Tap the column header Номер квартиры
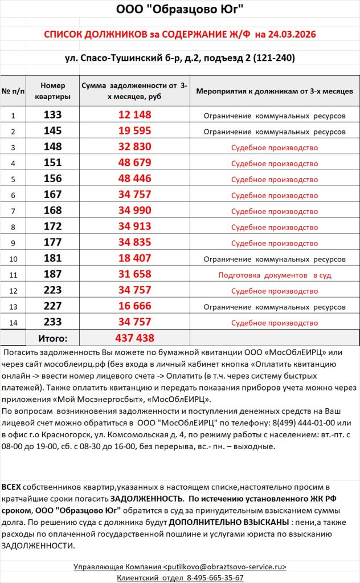(x=52, y=91)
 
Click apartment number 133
(x=52, y=115)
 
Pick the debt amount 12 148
(x=135, y=115)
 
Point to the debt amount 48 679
(x=135, y=163)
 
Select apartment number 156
(x=52, y=179)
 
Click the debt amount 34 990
(x=135, y=211)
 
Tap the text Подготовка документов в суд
(x=275, y=275)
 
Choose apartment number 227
(x=52, y=306)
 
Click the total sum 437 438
(x=135, y=338)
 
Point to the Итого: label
(x=52, y=338)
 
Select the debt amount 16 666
(x=135, y=306)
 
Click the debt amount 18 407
(x=135, y=258)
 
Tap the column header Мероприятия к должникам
(x=275, y=91)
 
